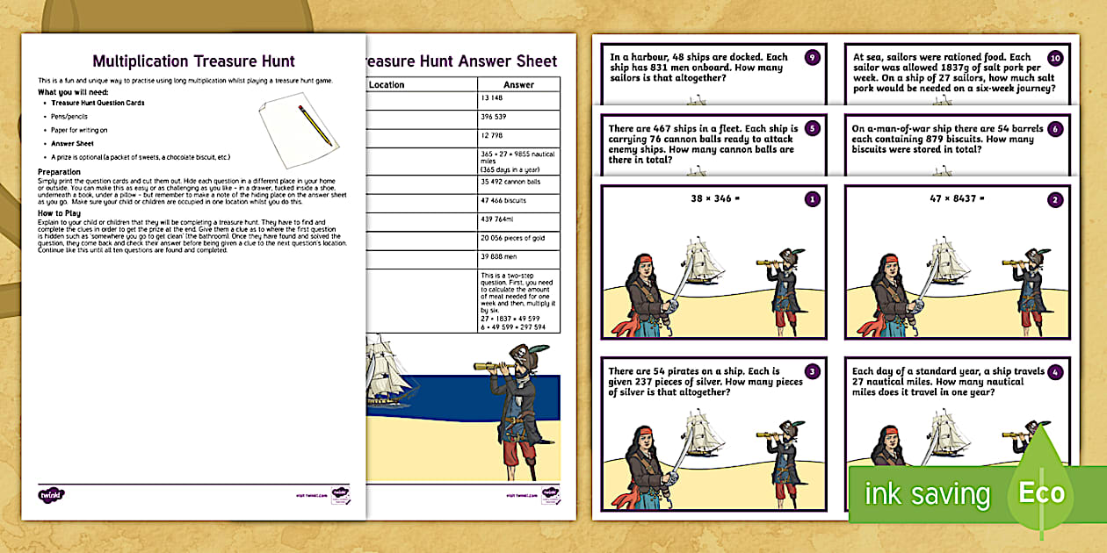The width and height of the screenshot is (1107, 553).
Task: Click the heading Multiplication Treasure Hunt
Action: tap(193, 61)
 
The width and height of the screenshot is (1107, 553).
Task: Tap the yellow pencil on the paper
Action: tap(315, 125)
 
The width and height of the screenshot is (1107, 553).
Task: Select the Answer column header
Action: tap(517, 85)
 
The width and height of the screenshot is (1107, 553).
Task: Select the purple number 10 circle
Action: tap(1055, 58)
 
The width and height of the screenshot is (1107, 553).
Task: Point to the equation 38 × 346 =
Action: tap(716, 199)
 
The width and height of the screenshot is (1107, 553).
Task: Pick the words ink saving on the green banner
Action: tap(927, 494)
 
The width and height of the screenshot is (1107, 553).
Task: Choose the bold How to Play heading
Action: tap(61, 212)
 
